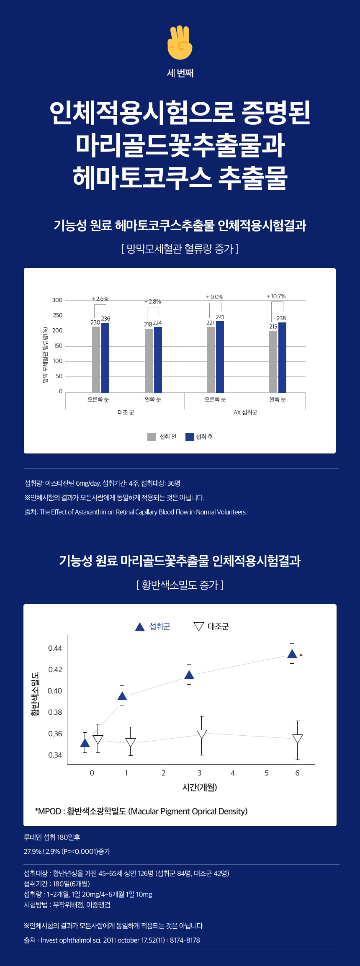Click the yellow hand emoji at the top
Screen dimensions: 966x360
[180, 43]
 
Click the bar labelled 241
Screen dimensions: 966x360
[220, 356]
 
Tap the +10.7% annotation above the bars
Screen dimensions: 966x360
[276, 296]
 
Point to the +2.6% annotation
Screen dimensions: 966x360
[100, 299]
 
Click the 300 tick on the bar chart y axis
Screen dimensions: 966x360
[57, 300]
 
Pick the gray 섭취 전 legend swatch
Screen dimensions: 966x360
[152, 437]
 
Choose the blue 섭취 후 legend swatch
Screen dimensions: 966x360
[190, 437]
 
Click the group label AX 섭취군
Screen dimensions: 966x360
[245, 412]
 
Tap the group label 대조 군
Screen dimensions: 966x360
[126, 412]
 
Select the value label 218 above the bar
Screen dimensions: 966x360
[148, 325]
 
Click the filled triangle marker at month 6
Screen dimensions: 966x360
[292, 654]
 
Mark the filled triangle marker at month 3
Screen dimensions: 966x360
[189, 675]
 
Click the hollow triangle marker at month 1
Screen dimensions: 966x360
[131, 742]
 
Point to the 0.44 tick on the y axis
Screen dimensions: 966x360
[55, 648]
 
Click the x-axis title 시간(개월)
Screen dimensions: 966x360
[200, 787]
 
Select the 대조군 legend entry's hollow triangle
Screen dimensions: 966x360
[199, 626]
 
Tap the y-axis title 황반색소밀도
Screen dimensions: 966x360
[36, 694]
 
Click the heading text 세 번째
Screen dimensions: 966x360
[180, 73]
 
